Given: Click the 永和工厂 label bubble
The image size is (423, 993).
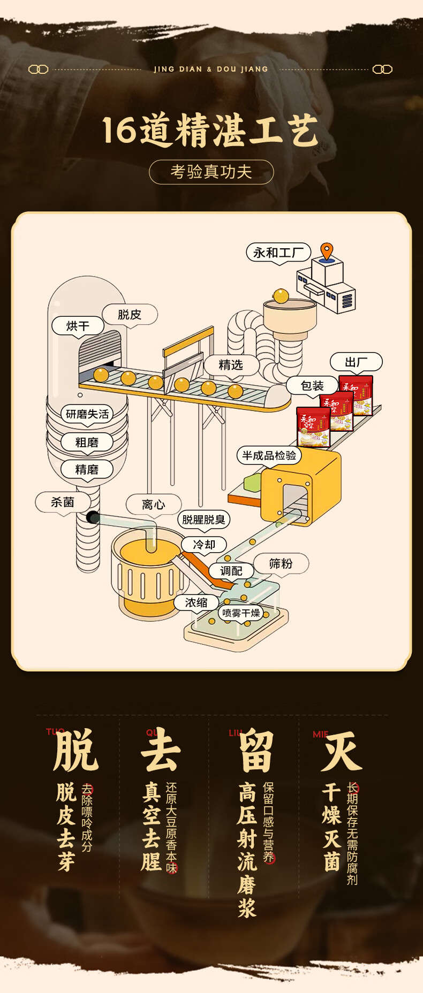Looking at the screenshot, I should pyautogui.click(x=278, y=252).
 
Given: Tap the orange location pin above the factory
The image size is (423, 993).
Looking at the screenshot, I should pyautogui.click(x=327, y=251).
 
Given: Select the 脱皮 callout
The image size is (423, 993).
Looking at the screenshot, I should pyautogui.click(x=130, y=315).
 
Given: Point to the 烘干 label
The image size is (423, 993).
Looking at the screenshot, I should pyautogui.click(x=78, y=326).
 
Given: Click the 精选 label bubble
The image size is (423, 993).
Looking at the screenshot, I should pyautogui.click(x=231, y=365).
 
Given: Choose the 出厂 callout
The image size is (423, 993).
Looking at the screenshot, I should pyautogui.click(x=356, y=362).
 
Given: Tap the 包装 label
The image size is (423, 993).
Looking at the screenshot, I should pyautogui.click(x=312, y=385).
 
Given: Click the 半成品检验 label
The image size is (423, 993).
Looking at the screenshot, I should pyautogui.click(x=269, y=455).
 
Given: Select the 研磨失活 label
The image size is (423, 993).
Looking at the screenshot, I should pyautogui.click(x=87, y=414).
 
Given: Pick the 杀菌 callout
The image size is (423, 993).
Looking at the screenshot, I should pyautogui.click(x=63, y=502).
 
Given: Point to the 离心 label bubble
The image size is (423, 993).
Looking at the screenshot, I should pyautogui.click(x=153, y=505).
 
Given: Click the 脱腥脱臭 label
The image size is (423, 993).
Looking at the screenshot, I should pyautogui.click(x=203, y=520).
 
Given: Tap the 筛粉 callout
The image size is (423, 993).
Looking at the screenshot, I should pyautogui.click(x=281, y=563).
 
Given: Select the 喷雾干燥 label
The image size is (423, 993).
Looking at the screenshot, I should pyautogui.click(x=241, y=613).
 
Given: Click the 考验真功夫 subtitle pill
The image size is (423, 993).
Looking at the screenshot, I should pyautogui.click(x=211, y=172).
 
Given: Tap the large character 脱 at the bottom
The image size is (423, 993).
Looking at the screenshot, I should pyautogui.click(x=77, y=750).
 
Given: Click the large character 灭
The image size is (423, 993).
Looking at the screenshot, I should pyautogui.click(x=341, y=751).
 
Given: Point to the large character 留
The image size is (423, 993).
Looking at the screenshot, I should pyautogui.click(x=256, y=751).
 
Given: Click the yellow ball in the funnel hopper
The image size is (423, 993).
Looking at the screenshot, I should pyautogui.click(x=281, y=296).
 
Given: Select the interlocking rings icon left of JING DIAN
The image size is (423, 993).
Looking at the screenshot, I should pyautogui.click(x=38, y=70).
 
